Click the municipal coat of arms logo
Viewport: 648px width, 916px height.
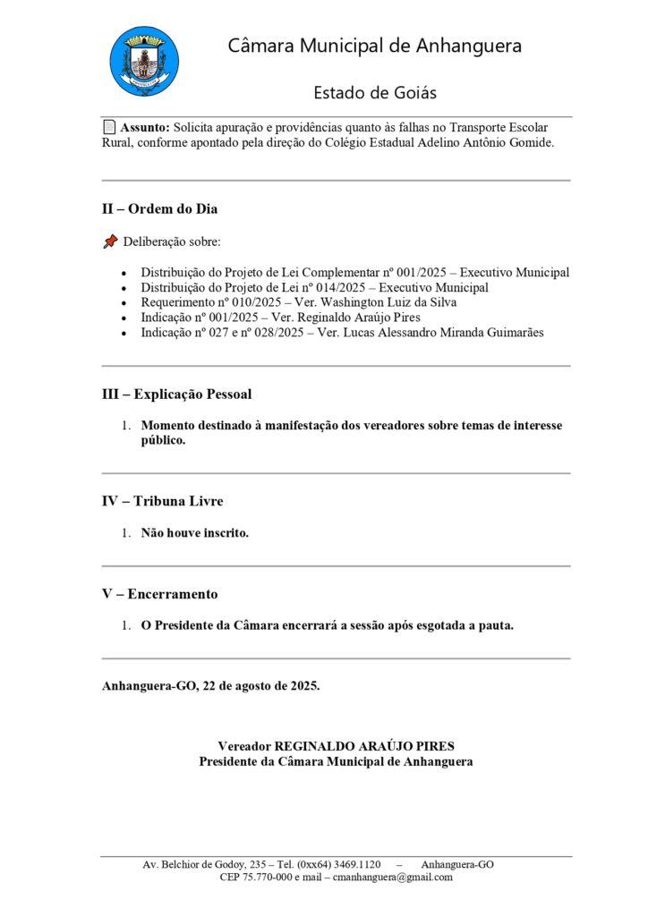(x=143, y=61)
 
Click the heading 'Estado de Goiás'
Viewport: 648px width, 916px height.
(x=375, y=93)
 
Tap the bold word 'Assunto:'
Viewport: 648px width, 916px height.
(x=145, y=127)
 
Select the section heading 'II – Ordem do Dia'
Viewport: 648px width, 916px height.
(x=159, y=209)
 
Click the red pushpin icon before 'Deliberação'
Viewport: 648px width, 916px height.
(x=110, y=242)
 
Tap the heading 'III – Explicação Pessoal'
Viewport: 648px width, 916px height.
(x=176, y=394)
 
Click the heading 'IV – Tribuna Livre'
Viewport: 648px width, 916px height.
(x=162, y=501)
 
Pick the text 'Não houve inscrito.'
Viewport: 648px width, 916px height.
(x=194, y=533)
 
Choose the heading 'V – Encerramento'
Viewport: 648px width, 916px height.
(x=159, y=594)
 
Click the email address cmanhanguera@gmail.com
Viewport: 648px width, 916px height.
(x=393, y=878)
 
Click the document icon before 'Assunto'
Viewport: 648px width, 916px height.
(x=108, y=127)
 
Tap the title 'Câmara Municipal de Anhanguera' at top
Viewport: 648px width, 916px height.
(x=375, y=46)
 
